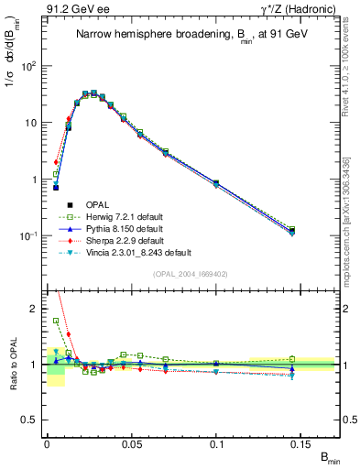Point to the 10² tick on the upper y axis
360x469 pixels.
[x=30, y=66]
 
